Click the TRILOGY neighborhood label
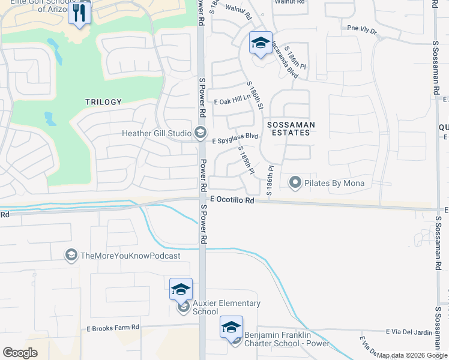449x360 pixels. coord(104,103)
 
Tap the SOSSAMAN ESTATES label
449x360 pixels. coord(291,128)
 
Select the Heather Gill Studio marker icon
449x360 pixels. coord(200,133)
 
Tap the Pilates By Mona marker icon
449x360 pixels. coord(295,182)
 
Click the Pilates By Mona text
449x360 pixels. coord(334,183)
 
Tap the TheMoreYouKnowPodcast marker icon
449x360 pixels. coord(71,256)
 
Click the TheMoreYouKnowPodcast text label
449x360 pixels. coord(130,256)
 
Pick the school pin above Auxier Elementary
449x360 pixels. coord(181,290)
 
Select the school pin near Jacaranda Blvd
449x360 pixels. coord(261,43)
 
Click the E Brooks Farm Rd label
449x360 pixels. coord(113,328)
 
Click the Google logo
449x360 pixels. coord(20,352)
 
